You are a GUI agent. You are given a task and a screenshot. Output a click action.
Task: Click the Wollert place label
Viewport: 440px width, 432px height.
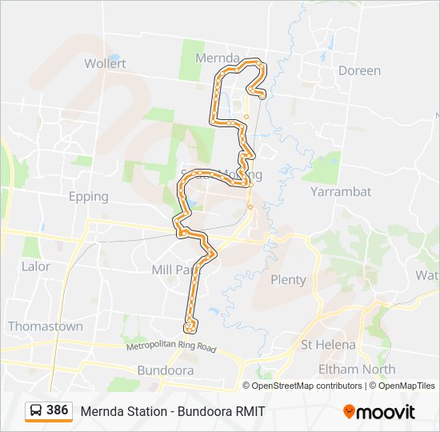point(105,63)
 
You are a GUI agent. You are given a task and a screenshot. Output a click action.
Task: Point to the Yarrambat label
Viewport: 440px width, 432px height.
point(341,192)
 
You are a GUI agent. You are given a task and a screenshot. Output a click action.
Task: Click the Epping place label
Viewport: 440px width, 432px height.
point(89,196)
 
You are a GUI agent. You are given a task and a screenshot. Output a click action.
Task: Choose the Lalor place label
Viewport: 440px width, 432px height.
point(36,266)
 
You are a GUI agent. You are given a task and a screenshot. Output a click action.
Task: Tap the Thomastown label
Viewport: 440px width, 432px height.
point(45,326)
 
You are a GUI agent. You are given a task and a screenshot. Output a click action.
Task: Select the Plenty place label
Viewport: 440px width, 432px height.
point(289,279)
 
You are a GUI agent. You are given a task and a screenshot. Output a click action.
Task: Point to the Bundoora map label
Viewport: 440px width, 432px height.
point(166,371)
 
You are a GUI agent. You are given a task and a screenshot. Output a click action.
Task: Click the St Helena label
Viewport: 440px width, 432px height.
point(328,345)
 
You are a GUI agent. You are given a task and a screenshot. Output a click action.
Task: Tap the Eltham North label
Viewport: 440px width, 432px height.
point(357,369)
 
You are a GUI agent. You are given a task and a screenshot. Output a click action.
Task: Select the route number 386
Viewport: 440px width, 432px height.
point(58,410)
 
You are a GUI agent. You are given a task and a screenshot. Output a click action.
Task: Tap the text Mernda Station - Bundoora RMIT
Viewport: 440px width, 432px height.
point(172,411)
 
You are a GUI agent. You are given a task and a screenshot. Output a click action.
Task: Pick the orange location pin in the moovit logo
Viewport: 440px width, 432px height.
point(349,412)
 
